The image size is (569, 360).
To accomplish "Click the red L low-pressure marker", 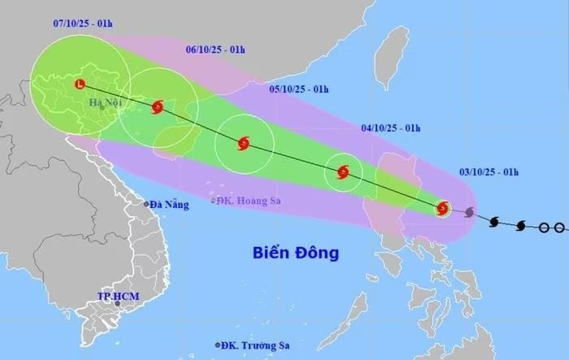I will (79, 84).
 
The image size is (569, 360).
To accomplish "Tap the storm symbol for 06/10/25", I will (158, 106).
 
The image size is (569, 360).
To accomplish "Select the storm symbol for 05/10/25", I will (243, 145).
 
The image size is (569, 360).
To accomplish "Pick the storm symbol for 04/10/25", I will (343, 171).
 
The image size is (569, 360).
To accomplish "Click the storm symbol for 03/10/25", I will (442, 208).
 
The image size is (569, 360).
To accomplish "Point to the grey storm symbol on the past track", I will (469, 213).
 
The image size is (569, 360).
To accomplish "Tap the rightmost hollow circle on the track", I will (559, 228).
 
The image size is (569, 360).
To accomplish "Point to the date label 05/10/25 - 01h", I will (298, 89).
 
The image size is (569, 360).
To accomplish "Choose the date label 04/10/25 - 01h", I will (390, 128).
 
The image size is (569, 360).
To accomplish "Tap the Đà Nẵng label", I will (170, 205).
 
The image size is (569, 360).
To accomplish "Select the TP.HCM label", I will (115, 297).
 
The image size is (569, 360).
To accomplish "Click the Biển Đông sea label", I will (294, 253).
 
